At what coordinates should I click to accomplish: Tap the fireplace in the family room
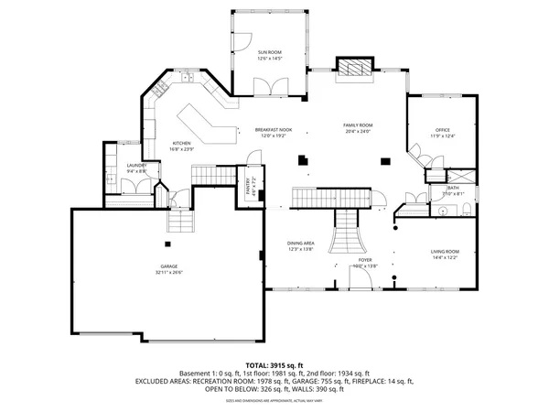pos(352,69)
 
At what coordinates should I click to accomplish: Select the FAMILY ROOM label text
pos(358,125)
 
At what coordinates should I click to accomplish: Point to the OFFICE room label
pos(443,130)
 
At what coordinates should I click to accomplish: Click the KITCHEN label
pos(181,143)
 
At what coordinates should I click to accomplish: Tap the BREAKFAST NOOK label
pos(273,130)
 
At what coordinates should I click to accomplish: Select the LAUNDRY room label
pos(136,165)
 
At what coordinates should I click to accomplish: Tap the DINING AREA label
pos(300,243)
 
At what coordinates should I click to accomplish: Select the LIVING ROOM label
pos(445,251)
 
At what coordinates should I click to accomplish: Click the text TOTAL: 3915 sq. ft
pos(274,364)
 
